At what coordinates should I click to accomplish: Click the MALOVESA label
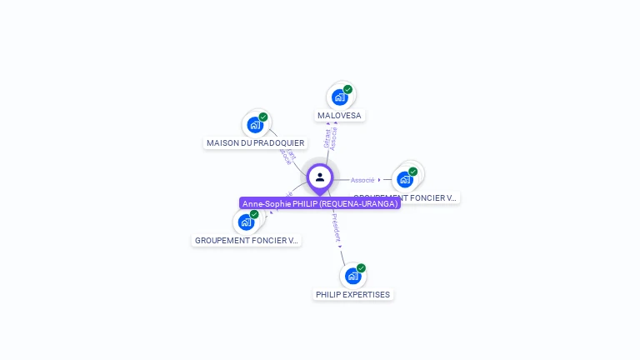coord(339,116)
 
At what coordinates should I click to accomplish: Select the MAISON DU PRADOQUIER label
coord(255,143)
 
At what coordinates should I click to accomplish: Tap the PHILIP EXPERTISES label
coord(352,295)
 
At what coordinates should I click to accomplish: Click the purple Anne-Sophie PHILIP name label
coord(320,203)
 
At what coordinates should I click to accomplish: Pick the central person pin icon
coord(320,177)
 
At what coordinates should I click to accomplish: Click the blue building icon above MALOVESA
coord(339,97)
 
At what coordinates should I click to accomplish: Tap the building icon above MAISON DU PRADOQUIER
coord(254,125)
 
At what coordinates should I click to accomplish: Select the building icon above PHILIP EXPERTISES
coord(352,276)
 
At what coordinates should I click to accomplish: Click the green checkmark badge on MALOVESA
coord(347,90)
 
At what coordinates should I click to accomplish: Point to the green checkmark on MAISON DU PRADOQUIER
coord(263,117)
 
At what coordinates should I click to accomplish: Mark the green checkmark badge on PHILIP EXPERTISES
coord(361,268)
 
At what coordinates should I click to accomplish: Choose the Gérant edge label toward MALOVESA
coord(327,139)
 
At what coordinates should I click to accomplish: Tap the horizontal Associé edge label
coord(362,180)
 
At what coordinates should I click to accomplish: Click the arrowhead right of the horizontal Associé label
coord(379,180)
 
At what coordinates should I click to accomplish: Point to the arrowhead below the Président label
coord(340,246)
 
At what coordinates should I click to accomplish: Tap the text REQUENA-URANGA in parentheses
coord(365,203)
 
